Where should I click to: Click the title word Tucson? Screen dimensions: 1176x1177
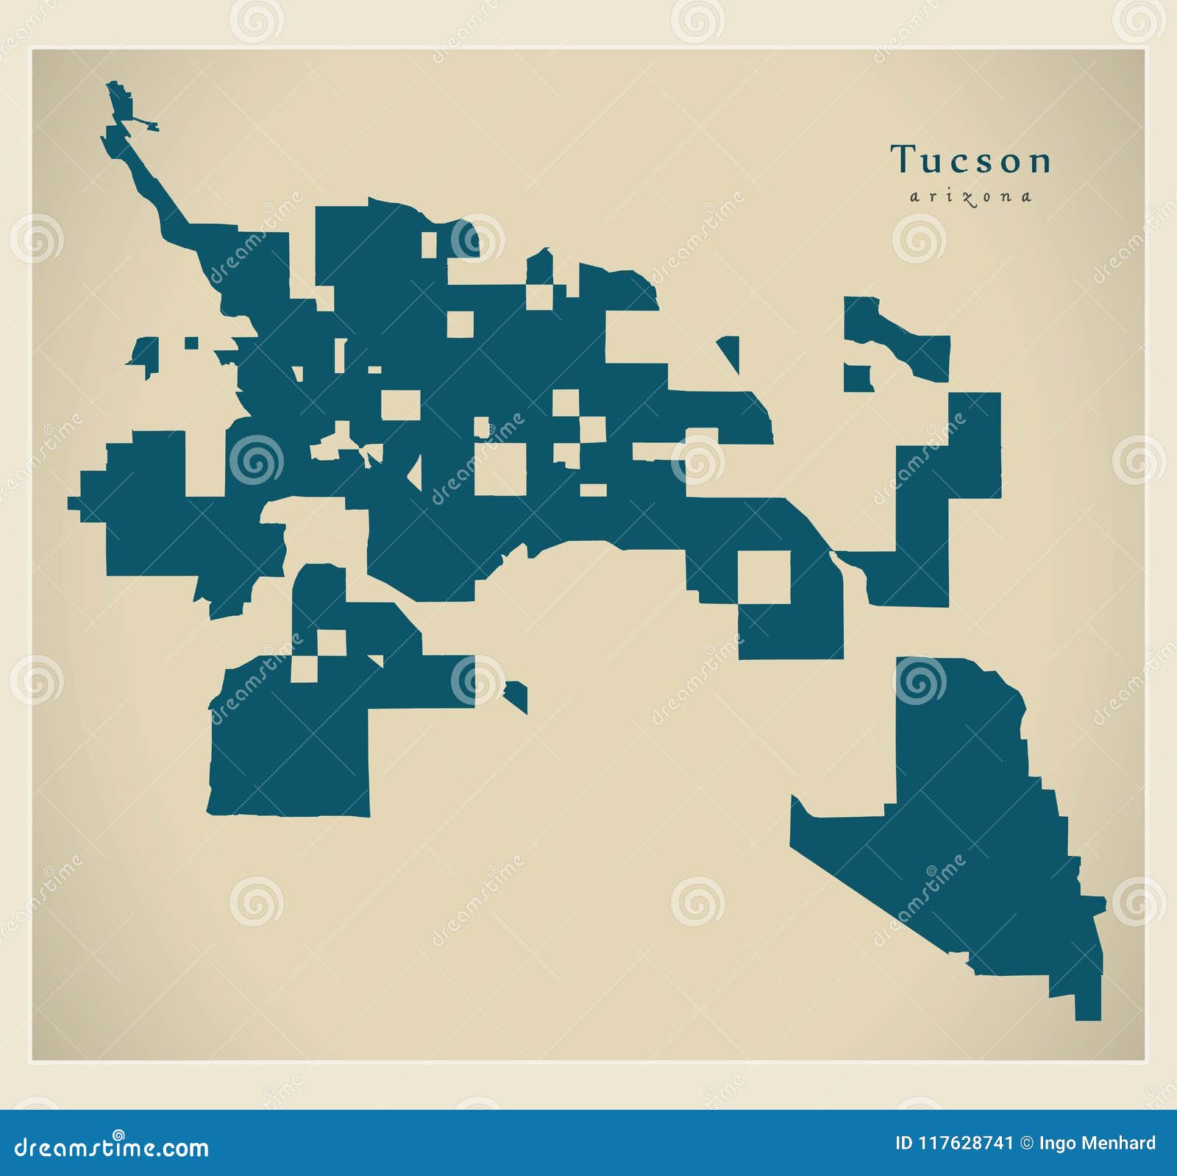click(x=971, y=160)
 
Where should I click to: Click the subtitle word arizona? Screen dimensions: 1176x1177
click(x=971, y=196)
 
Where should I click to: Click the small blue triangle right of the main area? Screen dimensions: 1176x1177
click(x=730, y=351)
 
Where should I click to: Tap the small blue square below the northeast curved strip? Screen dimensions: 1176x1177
click(x=857, y=378)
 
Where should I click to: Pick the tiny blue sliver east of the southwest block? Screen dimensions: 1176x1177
click(x=516, y=695)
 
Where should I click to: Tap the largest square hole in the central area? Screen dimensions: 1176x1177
click(x=500, y=469)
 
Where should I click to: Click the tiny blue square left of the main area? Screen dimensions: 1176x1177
click(x=191, y=343)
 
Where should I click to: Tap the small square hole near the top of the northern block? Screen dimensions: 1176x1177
click(x=428, y=245)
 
